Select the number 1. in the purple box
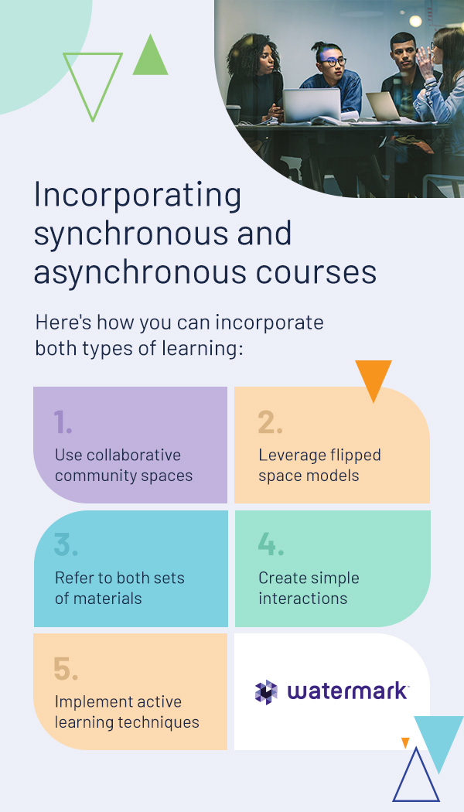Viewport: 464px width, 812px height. point(63,422)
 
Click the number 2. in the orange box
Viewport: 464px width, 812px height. point(271,422)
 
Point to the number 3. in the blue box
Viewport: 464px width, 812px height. point(66,545)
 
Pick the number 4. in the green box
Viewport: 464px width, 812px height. point(271,545)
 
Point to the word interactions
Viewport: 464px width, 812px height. point(303,598)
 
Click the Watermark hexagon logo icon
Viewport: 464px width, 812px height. point(266,692)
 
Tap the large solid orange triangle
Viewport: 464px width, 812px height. point(374,377)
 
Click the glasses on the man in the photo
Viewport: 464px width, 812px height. point(333,62)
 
